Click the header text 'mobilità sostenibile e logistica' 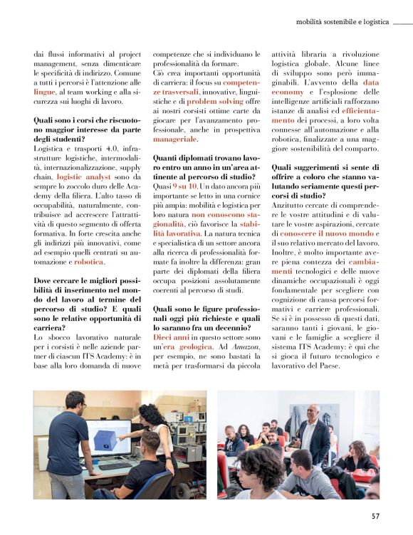coord(343,22)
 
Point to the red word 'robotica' coord(89,262)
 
